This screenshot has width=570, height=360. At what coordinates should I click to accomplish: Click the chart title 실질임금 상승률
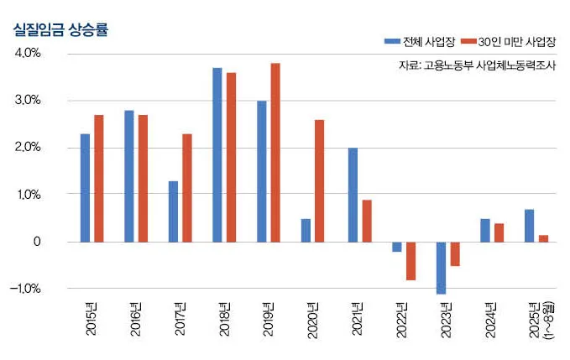point(60,29)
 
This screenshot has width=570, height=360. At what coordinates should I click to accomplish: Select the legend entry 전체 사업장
point(416,40)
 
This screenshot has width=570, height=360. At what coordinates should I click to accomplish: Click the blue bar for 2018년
point(217,154)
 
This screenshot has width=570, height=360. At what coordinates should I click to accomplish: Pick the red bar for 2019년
point(275,152)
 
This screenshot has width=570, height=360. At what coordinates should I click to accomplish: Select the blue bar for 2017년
point(173,211)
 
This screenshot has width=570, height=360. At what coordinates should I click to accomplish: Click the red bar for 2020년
point(320,180)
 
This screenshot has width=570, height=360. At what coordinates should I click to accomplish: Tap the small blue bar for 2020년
point(306,230)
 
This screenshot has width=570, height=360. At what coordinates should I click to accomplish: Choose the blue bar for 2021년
point(353,195)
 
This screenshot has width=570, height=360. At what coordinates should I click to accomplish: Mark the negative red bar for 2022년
point(411,261)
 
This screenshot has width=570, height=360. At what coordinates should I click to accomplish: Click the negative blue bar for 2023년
point(441,268)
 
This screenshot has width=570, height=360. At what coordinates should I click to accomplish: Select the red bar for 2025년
point(543,238)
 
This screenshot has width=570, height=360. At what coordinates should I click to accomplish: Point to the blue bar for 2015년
point(85,188)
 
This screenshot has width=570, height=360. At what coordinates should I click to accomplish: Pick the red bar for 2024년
point(499,232)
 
